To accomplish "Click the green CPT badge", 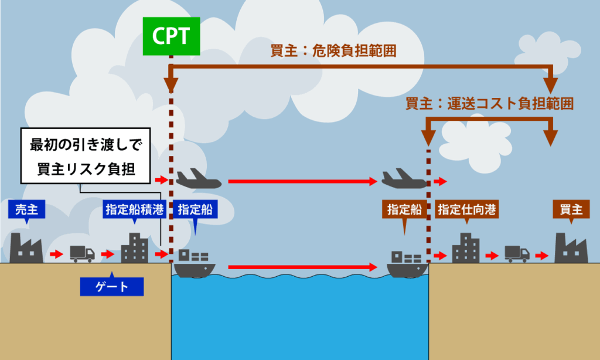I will [x=171, y=36].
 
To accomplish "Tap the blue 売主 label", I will [x=27, y=210].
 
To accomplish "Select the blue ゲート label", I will [x=112, y=287].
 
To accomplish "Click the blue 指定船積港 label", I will [x=134, y=210].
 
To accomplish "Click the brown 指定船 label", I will [x=404, y=210].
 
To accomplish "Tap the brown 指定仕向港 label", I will [x=467, y=210].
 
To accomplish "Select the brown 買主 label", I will [x=571, y=210].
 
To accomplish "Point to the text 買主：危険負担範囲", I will [x=333, y=51].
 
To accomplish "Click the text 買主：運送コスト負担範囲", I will [x=489, y=104].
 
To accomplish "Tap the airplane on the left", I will [x=198, y=179].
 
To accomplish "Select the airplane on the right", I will [x=404, y=179].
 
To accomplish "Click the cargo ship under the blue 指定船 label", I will [x=195, y=263].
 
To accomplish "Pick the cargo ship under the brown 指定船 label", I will [x=407, y=263].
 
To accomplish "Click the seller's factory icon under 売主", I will [x=26, y=247].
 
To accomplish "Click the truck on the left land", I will [x=82, y=253].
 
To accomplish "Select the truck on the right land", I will [x=517, y=253].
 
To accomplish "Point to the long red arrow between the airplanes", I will [x=302, y=182].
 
